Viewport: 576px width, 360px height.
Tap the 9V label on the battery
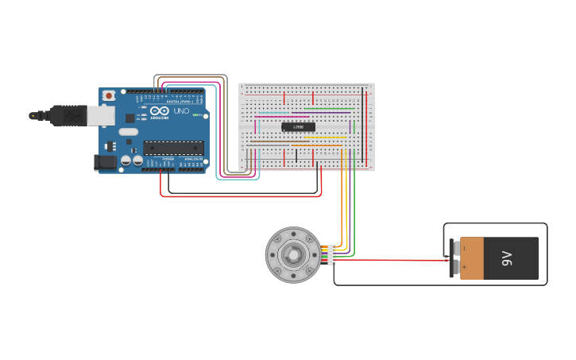507,258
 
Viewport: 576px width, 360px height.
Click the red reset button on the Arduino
108,96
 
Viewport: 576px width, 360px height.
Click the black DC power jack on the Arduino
105,162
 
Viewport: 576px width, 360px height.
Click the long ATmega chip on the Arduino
173,147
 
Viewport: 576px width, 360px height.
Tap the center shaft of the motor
292,255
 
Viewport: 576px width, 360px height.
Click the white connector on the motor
331,255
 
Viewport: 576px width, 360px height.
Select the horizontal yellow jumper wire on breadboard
325,137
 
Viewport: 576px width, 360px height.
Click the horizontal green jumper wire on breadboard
329,109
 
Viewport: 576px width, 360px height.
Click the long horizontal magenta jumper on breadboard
282,117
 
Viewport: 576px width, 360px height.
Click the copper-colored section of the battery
471,258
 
